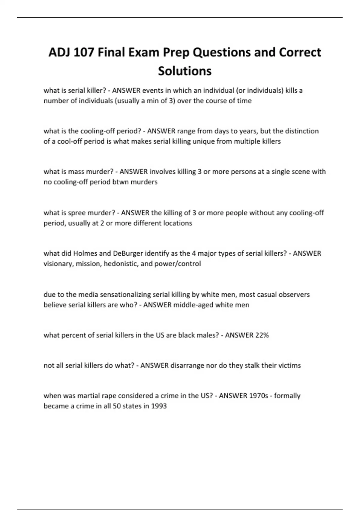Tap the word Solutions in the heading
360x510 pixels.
[185, 71]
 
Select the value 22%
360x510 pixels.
[262, 335]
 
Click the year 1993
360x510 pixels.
[159, 406]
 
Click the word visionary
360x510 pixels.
[58, 264]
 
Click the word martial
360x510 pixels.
[88, 396]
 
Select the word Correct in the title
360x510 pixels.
[300, 52]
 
